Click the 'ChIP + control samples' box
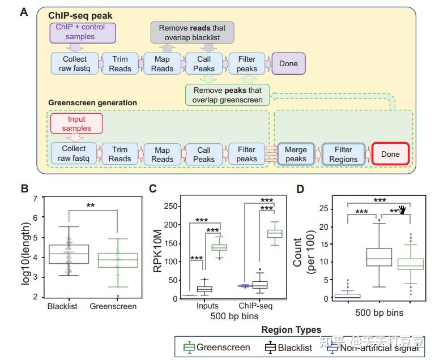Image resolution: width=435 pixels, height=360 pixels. coord(83,33)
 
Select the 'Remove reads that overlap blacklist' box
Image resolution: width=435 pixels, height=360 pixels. coord(192,33)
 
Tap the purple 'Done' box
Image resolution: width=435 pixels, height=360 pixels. coord(288,63)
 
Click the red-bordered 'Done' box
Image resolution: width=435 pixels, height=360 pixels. coord(390,154)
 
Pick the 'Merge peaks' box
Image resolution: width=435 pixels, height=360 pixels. coord(296,154)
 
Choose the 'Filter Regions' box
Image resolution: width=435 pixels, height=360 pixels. coord(343,154)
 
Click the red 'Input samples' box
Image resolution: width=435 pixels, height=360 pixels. coord(76,123)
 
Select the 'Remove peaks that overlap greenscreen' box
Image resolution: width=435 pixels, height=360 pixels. coord(228,95)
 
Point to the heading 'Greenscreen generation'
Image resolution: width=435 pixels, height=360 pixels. coord(93,102)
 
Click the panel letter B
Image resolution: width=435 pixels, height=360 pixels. coord(25,188)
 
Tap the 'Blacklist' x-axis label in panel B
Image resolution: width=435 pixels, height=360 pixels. coord(62,306)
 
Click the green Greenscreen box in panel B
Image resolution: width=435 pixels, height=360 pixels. coord(118,260)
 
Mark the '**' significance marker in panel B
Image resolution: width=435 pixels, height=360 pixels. coord(91,206)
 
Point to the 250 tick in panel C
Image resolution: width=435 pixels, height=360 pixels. coord(170,207)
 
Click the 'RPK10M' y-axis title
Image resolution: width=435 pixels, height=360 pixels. coord(157,251)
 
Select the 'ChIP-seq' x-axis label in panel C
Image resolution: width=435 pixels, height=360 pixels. coord(255,306)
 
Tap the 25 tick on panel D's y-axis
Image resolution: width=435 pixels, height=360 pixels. coord(324,208)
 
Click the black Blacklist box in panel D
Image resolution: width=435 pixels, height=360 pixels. coord(379,257)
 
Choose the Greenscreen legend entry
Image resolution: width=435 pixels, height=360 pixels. coord(217,347)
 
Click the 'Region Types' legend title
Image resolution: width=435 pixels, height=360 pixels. coord(291,329)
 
